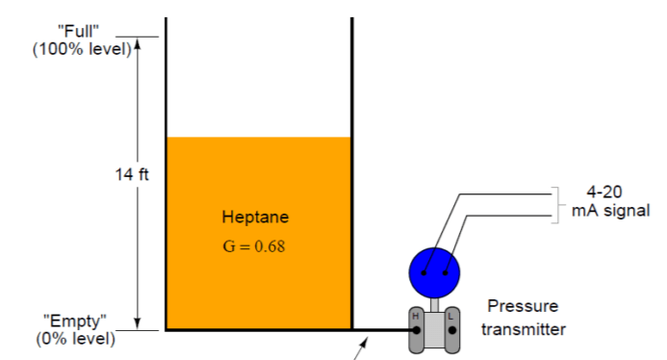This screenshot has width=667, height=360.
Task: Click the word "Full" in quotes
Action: coord(78,31)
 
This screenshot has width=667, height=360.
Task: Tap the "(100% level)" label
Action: coord(82,49)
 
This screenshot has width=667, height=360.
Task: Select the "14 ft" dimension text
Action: coord(132,174)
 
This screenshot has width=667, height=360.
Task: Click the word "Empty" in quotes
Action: coord(75,321)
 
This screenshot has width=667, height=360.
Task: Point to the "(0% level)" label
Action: coord(76,339)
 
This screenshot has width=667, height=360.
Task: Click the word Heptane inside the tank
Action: coord(255,218)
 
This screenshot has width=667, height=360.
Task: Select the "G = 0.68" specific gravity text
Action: coord(254,246)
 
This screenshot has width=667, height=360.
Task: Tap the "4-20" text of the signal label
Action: coord(604,192)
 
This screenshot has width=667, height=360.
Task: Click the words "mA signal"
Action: coord(611,211)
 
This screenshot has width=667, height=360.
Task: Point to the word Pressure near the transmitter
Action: coord(523,306)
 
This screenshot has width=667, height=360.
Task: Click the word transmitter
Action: coord(524,329)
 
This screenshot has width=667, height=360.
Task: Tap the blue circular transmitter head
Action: coord(434,272)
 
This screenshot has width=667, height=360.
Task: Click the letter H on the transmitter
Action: coord(416,316)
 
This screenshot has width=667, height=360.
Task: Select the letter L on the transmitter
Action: coord(450,316)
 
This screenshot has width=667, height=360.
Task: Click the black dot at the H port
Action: coord(417,330)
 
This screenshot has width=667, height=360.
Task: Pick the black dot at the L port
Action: coord(452,330)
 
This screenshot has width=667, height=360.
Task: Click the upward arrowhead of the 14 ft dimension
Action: coord(138,43)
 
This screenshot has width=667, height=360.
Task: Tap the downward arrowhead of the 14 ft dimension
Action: coord(138,323)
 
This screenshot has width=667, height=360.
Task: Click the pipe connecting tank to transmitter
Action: coord(383,330)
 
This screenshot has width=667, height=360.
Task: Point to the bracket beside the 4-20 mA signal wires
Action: coord(557,205)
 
